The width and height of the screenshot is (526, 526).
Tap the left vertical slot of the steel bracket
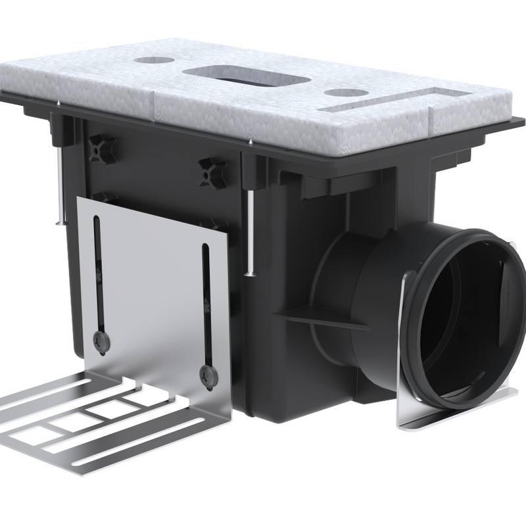[x=98, y=276]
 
